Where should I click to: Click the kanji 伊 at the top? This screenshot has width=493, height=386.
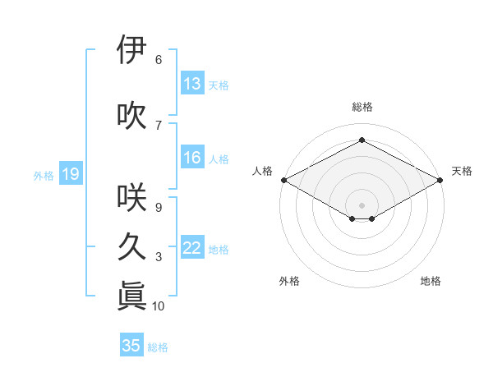coord(132,50)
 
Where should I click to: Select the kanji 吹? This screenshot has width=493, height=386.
coord(132,116)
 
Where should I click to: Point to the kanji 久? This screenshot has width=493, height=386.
coord(132,247)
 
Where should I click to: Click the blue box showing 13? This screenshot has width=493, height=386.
coord(192,84)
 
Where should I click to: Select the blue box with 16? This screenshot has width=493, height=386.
coord(192,158)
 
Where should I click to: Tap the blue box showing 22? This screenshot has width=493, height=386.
coord(192,248)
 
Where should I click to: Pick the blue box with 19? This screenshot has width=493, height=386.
coord(70,173)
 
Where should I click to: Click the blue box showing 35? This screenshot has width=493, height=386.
coord(131,346)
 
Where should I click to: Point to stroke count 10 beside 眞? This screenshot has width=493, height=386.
coord(159,306)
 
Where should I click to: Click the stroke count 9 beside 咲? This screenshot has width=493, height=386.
coord(159,207)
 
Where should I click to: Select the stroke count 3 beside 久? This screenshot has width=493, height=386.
coord(159,257)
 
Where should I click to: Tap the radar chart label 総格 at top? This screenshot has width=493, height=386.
coord(362,107)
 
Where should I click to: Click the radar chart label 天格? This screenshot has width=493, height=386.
coord(462,171)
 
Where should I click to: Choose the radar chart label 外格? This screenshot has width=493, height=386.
coord(289,281)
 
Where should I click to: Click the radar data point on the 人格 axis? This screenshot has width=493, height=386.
coord(283,180)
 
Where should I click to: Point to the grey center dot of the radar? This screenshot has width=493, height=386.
coord(362,204)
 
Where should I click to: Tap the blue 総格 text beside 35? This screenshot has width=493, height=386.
coord(158,347)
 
